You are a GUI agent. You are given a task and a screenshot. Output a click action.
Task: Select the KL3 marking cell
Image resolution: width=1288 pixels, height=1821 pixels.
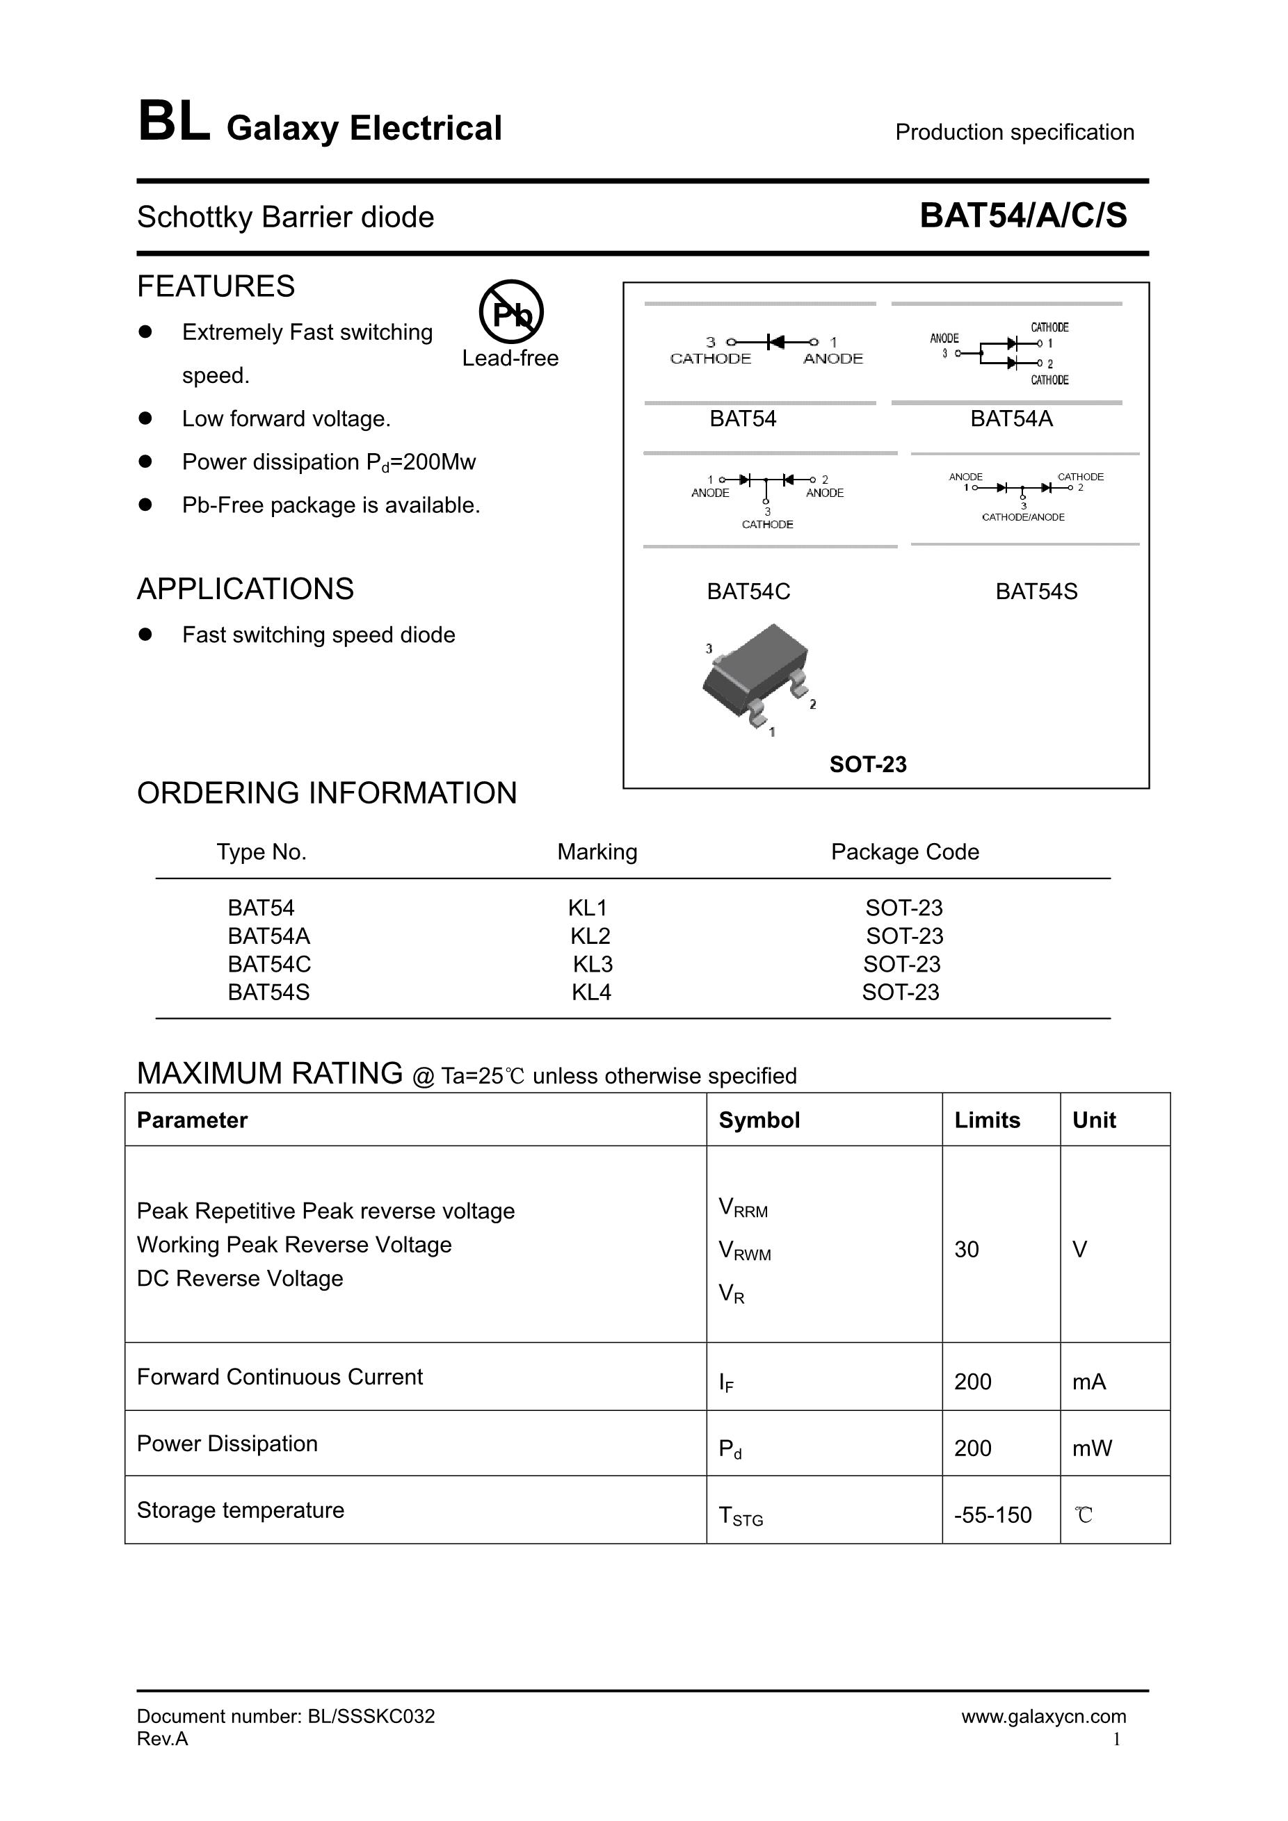(593, 965)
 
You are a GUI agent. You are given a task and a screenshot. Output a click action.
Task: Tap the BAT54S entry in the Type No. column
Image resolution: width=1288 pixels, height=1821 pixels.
(268, 993)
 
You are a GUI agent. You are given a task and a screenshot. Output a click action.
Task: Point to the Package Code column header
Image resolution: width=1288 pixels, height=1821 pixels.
(905, 852)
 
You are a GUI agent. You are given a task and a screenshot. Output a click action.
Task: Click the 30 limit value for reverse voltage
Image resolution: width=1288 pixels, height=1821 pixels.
(967, 1250)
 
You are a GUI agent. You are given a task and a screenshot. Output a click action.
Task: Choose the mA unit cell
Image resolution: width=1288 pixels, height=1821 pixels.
(1089, 1382)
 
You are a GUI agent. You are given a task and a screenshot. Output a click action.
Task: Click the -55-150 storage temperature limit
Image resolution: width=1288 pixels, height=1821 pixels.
(993, 1516)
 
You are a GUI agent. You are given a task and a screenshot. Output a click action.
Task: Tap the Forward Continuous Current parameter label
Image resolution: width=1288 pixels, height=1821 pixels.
(280, 1377)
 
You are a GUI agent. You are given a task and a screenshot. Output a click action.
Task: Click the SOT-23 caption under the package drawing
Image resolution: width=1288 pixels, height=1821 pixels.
(867, 765)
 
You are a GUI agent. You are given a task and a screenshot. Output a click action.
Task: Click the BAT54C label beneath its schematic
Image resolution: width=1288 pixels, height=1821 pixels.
(748, 591)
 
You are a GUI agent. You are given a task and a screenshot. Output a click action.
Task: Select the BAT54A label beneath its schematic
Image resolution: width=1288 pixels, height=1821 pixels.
(1011, 419)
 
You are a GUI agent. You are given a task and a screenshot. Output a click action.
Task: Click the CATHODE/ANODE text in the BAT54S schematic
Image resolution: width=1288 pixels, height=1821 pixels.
(1023, 517)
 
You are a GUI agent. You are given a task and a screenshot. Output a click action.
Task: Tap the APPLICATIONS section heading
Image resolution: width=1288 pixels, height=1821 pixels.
(245, 589)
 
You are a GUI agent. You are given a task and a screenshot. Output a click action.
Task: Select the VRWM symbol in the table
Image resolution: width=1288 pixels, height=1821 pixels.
(744, 1252)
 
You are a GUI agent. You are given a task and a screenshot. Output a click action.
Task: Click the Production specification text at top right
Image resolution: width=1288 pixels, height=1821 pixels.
(1014, 133)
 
